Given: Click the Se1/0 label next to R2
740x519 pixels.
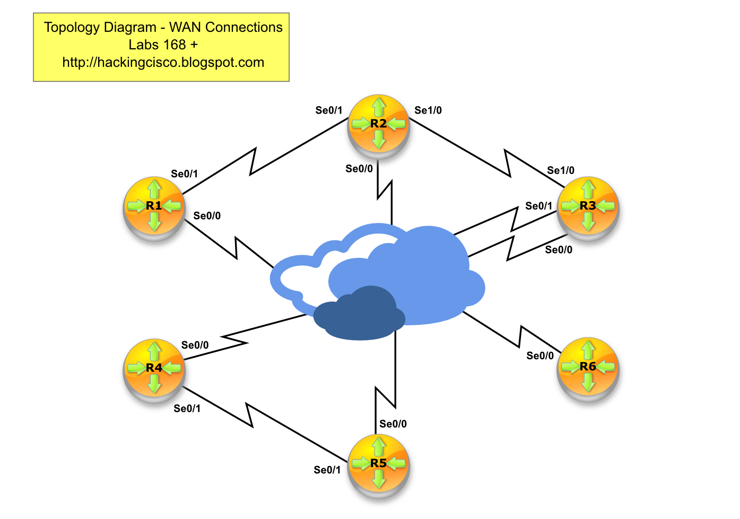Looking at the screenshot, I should [x=428, y=110].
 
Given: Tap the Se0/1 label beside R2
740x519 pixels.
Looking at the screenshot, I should [x=329, y=110].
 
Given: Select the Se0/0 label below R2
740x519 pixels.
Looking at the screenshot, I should [x=359, y=169].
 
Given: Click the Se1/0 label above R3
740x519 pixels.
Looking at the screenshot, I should [x=561, y=170].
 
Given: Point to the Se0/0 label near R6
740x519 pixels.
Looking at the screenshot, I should [x=540, y=356].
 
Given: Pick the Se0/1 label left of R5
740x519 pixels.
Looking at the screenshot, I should [x=327, y=470].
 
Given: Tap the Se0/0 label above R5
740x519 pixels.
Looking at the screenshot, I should [x=393, y=423].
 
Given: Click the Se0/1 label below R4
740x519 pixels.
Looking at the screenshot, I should [x=187, y=408].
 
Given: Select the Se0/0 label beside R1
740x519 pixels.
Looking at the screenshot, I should [x=207, y=215].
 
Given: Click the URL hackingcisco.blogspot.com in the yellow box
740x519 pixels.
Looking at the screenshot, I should [x=163, y=63].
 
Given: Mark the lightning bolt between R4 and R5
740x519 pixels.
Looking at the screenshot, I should [x=249, y=414].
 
